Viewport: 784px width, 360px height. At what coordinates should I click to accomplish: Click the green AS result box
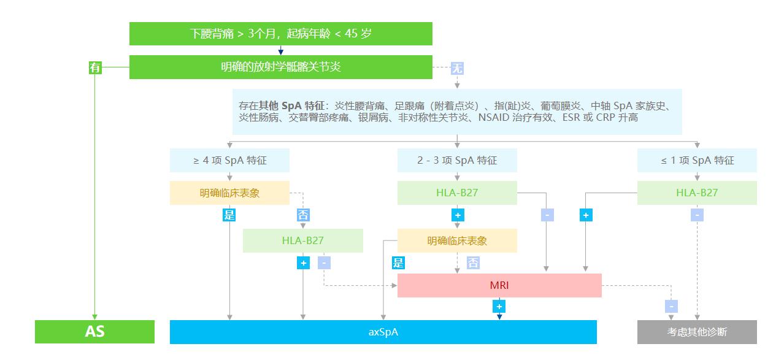pyautogui.click(x=94, y=332)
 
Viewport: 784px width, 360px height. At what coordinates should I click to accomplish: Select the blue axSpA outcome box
pyautogui.click(x=383, y=332)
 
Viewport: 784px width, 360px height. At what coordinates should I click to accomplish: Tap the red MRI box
pyautogui.click(x=499, y=285)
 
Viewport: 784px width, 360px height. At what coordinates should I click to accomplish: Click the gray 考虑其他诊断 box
pyautogui.click(x=697, y=332)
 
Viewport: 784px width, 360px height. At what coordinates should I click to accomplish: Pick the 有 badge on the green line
pyautogui.click(x=95, y=68)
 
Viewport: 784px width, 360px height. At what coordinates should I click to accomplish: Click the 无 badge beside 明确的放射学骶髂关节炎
pyautogui.click(x=457, y=68)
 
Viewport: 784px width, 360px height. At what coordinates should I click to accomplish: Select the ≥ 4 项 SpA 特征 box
pyautogui.click(x=229, y=161)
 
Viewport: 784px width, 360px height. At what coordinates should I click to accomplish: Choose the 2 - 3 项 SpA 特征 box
pyautogui.click(x=457, y=161)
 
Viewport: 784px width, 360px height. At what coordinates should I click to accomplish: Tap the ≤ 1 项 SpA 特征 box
pyautogui.click(x=697, y=161)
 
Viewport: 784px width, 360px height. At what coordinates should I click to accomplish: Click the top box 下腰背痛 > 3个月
pyautogui.click(x=280, y=34)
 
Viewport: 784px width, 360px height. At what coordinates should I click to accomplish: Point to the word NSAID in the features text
pyautogui.click(x=493, y=117)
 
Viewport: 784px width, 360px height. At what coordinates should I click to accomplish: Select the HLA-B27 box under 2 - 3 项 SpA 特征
pyautogui.click(x=457, y=193)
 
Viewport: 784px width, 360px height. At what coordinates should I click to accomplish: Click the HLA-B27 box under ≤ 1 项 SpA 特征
pyautogui.click(x=697, y=193)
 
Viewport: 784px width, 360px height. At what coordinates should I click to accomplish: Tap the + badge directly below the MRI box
pyautogui.click(x=499, y=306)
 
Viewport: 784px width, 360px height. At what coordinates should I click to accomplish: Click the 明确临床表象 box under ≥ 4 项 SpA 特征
pyautogui.click(x=229, y=193)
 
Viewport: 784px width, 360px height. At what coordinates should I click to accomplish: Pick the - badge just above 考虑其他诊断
pyautogui.click(x=672, y=306)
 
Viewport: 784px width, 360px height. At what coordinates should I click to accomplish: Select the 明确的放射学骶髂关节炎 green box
pyautogui.click(x=280, y=67)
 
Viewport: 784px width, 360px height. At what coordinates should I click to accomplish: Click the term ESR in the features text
pyautogui.click(x=572, y=117)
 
